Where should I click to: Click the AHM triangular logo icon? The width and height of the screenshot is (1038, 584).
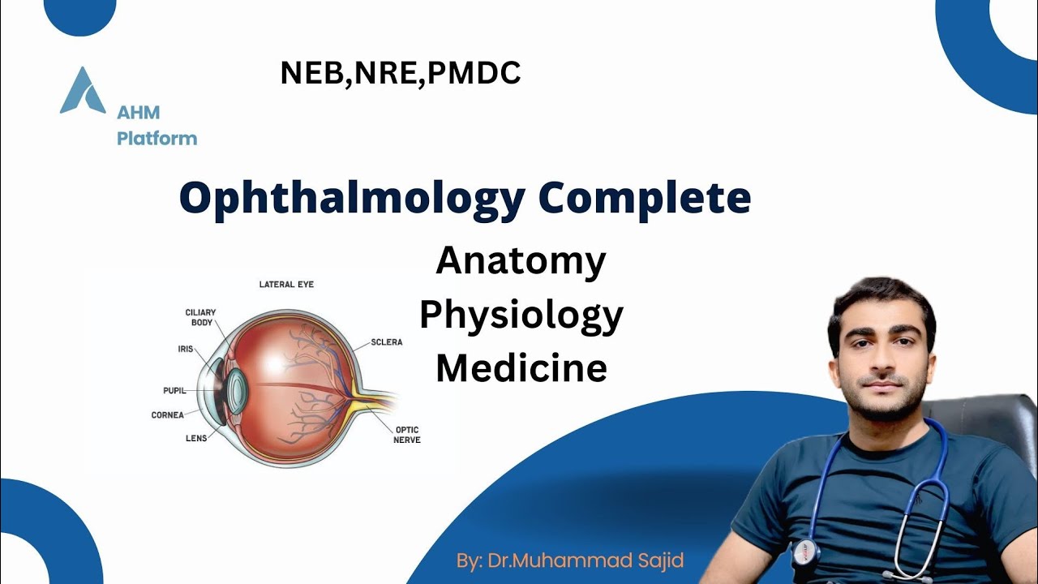coord(83,91)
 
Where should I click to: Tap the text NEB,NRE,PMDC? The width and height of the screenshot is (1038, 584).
coord(400,74)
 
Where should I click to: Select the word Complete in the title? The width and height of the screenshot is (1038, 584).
coord(645,198)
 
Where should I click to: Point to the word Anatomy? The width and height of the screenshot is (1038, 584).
coord(521,260)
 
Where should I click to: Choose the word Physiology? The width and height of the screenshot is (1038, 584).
coord(521,315)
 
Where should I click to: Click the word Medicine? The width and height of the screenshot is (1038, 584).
coord(521,368)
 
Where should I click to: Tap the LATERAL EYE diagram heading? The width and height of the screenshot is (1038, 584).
coord(286,285)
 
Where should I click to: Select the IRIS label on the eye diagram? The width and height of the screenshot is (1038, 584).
coord(186,349)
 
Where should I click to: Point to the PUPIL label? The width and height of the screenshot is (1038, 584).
coord(174,391)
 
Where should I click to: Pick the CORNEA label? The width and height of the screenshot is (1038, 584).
coord(168,415)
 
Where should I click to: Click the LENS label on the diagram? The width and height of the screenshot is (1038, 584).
coord(196,438)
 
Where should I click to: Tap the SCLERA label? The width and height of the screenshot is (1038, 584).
coord(387,342)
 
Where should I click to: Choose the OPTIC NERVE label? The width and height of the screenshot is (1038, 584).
coord(408,435)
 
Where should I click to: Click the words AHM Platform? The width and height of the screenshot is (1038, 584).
coord(157,126)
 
